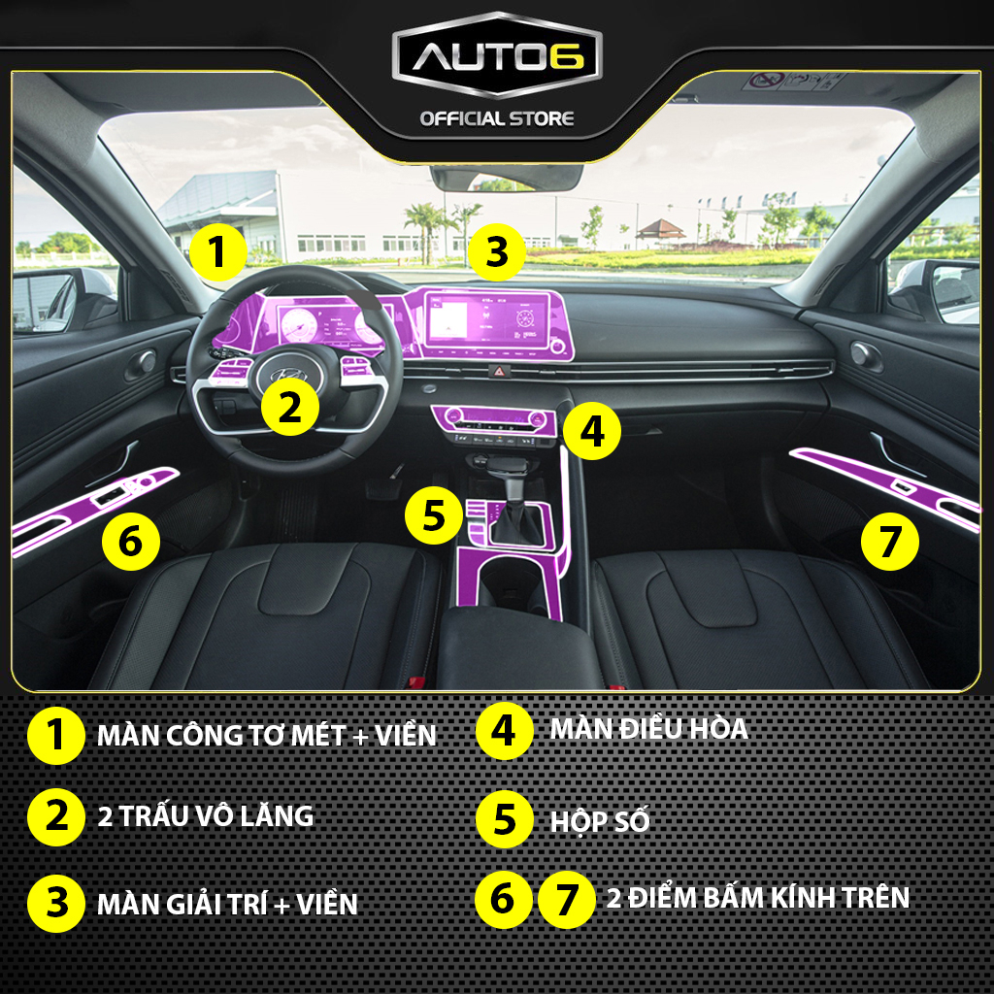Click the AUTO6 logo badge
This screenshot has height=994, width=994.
pos(497,55)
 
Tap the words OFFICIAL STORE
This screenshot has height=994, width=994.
pos(497,118)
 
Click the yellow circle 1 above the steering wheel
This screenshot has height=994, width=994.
pos(217,252)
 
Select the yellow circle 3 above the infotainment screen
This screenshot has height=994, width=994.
pos(496,252)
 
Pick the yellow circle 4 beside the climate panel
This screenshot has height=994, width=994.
pos(591,432)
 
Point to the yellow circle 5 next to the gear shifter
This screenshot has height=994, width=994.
pos(434,514)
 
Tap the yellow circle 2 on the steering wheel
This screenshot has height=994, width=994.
pos(289,407)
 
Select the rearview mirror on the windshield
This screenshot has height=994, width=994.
pos(506,178)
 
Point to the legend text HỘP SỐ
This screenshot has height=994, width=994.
pos(600,822)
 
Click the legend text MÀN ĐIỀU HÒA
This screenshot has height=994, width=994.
pos(648,728)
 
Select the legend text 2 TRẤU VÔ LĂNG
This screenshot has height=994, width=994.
pos(206,815)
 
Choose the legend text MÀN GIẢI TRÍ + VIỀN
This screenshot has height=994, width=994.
pos(227,904)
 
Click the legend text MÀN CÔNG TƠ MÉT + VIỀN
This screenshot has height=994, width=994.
pos(267,736)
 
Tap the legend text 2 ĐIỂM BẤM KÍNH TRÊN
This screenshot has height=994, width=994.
pos(758,898)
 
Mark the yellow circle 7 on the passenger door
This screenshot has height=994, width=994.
pos(889,542)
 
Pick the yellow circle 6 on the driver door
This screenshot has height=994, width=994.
pos(131,542)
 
